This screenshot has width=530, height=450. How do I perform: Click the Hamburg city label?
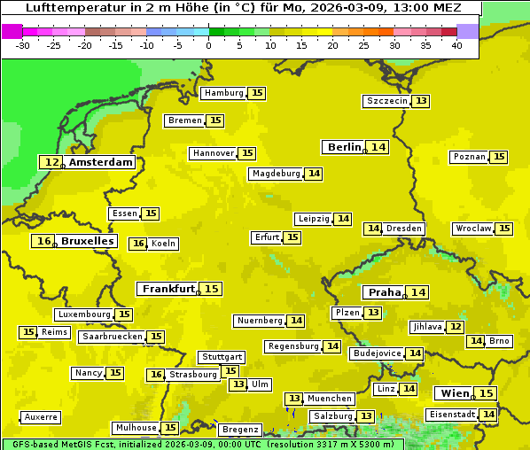[223, 93]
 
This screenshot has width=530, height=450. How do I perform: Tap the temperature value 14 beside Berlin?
[378, 147]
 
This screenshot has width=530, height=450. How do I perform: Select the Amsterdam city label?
[101, 162]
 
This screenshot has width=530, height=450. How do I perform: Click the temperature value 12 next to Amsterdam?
[52, 162]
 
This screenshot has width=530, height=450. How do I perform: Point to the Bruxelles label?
[87, 241]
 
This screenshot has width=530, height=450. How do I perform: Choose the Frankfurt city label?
[168, 289]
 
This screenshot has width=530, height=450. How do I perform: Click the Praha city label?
[385, 292]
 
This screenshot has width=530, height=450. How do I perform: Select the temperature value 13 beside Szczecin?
[421, 101]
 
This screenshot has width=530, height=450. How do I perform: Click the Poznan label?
[469, 157]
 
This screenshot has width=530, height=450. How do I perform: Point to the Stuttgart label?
[221, 357]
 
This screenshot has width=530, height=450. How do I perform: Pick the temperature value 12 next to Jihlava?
[455, 327]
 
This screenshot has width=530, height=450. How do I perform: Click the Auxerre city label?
[41, 417]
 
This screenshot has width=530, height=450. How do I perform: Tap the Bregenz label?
[239, 430]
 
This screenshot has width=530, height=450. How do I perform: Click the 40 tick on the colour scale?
[456, 45]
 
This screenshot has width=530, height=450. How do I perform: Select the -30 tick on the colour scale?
[24, 45]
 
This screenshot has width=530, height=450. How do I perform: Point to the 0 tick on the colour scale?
[209, 45]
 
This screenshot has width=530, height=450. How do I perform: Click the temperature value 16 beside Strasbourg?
[156, 375]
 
